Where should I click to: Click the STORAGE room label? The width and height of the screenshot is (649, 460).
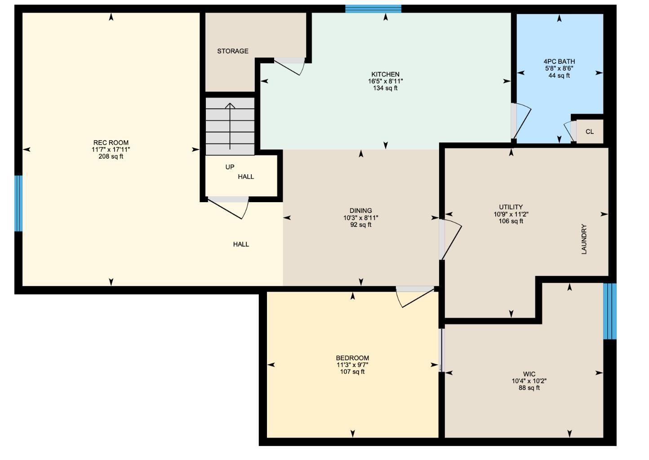click(x=233, y=51)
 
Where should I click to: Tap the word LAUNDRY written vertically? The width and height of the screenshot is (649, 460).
click(x=584, y=239)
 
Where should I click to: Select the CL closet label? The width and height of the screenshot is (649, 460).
click(x=590, y=132)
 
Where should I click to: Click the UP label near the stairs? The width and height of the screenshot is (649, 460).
click(x=230, y=167)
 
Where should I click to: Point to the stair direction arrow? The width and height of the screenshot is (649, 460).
click(x=230, y=126)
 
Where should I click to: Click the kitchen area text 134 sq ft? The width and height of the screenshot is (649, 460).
click(x=385, y=88)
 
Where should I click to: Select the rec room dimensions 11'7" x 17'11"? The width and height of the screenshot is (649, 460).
click(x=111, y=150)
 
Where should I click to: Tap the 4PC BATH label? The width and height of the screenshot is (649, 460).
click(x=559, y=62)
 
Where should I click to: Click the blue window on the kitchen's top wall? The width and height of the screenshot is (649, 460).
click(x=373, y=9)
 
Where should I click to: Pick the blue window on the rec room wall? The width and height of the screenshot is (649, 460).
click(x=18, y=203)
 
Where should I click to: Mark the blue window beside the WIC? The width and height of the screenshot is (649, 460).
click(x=610, y=311)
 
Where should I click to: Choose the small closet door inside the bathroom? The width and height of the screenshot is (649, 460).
click(x=569, y=132)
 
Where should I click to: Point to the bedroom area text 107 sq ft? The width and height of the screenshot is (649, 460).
click(x=352, y=372)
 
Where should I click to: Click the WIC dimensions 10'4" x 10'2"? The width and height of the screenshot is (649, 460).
click(x=529, y=381)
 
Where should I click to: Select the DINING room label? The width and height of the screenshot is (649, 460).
click(x=361, y=211)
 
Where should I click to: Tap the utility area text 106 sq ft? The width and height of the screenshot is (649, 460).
click(x=511, y=221)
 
